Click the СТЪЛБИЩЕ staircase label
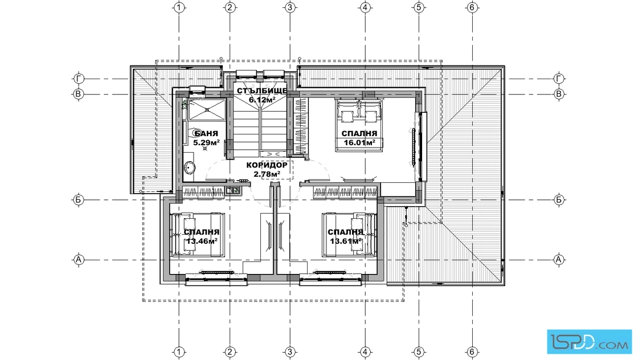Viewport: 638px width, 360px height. click(x=262, y=91)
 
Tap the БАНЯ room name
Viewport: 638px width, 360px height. click(x=206, y=133)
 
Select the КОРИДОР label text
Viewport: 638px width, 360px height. click(x=267, y=165)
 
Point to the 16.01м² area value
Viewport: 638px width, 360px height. click(x=359, y=142)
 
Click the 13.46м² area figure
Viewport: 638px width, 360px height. click(x=202, y=241)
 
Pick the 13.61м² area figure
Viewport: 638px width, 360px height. click(x=346, y=241)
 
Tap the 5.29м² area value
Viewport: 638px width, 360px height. click(x=206, y=142)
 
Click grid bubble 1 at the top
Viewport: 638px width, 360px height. click(x=179, y=7)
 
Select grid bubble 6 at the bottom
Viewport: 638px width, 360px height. click(x=472, y=352)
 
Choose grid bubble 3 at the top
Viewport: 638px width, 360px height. click(x=290, y=7)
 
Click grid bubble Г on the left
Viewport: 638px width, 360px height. click(x=78, y=79)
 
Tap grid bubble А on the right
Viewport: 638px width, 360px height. click(x=559, y=260)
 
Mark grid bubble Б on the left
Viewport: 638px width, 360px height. click(x=78, y=200)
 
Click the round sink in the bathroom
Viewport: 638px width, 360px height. click(x=190, y=167)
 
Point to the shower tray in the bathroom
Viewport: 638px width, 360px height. click(x=206, y=109)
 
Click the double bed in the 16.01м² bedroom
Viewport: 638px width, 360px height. click(x=359, y=125)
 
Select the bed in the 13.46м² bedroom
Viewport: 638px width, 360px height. click(x=197, y=235)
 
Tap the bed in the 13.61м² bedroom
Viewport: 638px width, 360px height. click(x=349, y=235)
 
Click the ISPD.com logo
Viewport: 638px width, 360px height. click(x=590, y=342)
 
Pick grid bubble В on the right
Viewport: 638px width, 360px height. click(x=559, y=94)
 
